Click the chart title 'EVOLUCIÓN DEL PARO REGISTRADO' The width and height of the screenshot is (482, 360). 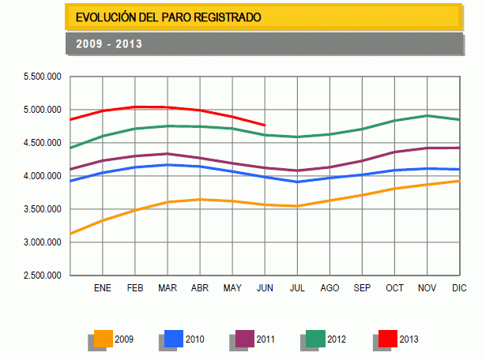point(168,17)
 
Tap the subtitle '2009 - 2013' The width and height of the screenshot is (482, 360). point(109,43)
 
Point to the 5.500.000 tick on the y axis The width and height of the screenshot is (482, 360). point(43,77)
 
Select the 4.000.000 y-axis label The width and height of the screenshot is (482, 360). point(43,176)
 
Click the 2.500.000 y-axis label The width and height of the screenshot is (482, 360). point(43,276)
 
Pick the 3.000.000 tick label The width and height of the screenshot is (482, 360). point(43,242)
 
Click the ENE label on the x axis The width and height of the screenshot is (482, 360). point(103,288)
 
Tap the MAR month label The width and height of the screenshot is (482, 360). point(167,288)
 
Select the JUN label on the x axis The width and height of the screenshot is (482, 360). point(265,288)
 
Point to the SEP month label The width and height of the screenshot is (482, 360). point(362,288)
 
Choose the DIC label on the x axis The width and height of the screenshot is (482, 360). point(458,288)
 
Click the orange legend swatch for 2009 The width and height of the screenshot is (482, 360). point(103,338)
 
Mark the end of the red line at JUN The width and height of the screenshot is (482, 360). point(265,125)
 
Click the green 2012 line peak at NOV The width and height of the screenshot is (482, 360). point(427,116)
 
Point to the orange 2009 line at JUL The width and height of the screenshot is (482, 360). point(297,206)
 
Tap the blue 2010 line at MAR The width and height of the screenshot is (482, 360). point(167,165)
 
